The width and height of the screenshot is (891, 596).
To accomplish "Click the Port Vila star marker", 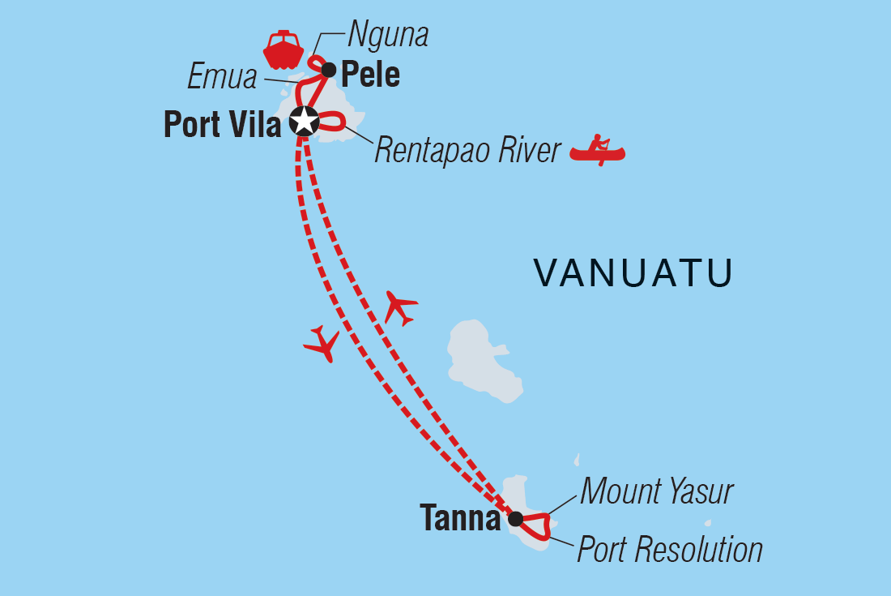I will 305,122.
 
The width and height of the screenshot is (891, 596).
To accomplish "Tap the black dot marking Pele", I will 329,70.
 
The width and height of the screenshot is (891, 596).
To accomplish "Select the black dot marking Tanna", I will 515,519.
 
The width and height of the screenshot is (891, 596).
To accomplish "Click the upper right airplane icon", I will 401,308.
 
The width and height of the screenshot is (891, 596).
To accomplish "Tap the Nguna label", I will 387,36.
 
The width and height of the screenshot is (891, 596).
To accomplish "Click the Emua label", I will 222,77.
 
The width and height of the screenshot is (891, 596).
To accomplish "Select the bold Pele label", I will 370,75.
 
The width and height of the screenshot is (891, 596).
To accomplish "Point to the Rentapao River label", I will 467,151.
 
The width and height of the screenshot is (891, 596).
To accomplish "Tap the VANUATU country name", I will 633,273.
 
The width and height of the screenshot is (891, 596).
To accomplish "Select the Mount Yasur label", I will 657,491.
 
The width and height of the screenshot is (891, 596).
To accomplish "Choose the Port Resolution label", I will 670,550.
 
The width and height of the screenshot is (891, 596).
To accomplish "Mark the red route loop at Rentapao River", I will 333,123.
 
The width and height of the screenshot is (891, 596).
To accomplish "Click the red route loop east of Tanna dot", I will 538,525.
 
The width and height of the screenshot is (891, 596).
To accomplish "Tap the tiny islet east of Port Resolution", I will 707,523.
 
